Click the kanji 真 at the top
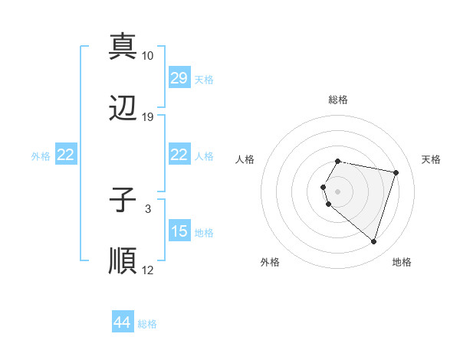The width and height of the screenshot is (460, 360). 123,47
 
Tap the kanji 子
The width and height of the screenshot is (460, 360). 123,201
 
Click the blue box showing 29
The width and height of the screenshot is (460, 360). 179,78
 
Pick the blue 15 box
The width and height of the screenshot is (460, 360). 179,231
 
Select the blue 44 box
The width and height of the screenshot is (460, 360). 123,322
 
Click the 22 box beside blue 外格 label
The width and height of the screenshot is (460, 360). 66,155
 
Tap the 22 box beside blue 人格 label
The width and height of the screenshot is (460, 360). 179,155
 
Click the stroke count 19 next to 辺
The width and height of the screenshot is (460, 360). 148,117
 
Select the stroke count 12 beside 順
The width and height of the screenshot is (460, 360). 148,270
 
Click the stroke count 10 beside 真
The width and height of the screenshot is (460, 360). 148,56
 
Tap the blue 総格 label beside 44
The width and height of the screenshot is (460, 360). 147,324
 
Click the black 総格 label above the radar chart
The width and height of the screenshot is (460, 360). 338,100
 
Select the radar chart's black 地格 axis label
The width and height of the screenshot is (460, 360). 402,262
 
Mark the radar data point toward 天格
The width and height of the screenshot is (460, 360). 396,172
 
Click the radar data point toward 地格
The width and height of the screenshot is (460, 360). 373,242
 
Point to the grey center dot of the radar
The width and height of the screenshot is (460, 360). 338,191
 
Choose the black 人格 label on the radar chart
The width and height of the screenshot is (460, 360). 245,159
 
